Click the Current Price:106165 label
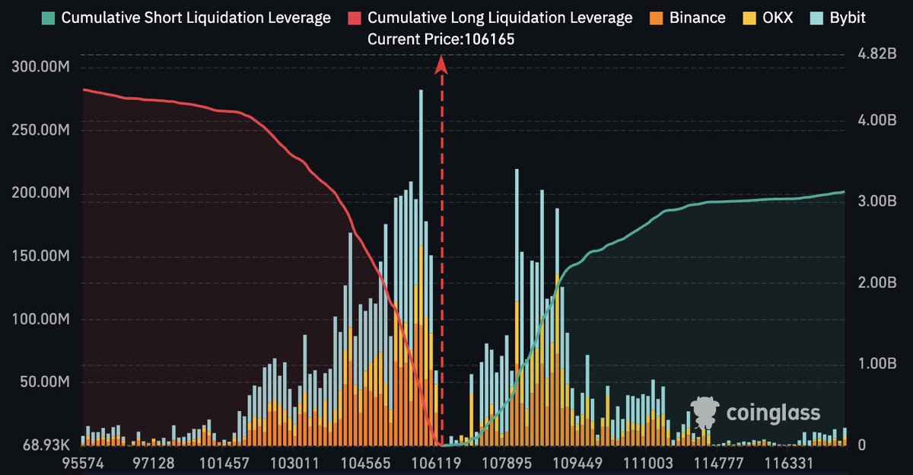point(441,40)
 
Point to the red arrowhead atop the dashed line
point(441,67)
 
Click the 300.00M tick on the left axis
point(42,67)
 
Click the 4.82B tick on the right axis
point(870,55)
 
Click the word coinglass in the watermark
point(773,413)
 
